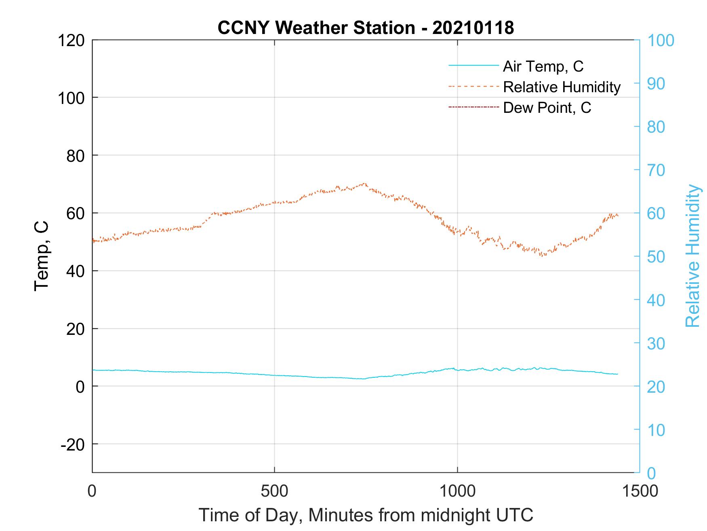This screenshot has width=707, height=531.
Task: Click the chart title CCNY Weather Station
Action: click(x=366, y=28)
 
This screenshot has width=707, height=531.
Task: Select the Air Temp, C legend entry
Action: click(x=543, y=66)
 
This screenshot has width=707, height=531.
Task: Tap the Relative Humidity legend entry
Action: click(x=562, y=87)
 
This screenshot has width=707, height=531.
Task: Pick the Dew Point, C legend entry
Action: click(x=547, y=108)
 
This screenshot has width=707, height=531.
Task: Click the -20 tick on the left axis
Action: click(x=72, y=444)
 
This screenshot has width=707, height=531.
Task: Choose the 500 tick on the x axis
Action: click(x=274, y=491)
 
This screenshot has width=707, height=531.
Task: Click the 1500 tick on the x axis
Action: click(x=639, y=491)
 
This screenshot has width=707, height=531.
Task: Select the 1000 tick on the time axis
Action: click(x=457, y=491)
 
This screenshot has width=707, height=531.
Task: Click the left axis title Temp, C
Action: click(x=42, y=256)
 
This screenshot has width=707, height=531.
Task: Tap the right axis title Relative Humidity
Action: click(x=692, y=256)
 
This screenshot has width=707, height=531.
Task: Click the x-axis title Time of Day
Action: click(x=366, y=515)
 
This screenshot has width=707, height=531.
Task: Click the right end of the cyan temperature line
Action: click(x=617, y=374)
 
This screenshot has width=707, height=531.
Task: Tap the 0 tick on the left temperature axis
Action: click(x=80, y=387)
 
